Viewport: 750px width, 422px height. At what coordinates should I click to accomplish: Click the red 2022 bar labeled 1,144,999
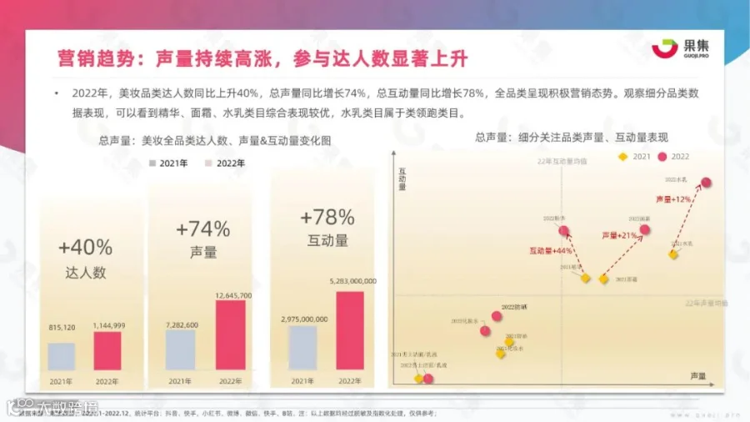click(107, 351)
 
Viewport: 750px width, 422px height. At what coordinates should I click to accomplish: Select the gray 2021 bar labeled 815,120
click(61, 356)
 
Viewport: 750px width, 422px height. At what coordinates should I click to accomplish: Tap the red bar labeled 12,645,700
click(230, 335)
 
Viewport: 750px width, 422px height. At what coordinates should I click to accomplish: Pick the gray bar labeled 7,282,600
click(180, 350)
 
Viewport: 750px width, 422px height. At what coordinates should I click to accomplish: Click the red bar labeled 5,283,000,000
click(350, 330)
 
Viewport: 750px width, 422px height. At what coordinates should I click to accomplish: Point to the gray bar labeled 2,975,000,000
click(302, 348)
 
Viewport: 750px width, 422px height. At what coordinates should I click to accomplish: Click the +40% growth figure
click(85, 247)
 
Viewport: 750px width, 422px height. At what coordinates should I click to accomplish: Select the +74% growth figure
click(202, 229)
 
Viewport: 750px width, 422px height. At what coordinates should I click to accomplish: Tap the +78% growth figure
click(327, 218)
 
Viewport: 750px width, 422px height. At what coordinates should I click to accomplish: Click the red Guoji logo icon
click(663, 49)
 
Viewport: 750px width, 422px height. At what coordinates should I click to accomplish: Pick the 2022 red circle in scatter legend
click(663, 156)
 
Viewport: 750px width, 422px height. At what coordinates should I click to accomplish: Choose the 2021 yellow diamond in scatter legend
click(622, 156)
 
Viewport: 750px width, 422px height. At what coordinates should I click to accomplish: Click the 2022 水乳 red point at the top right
click(706, 183)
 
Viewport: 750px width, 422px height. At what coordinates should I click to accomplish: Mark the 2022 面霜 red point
click(644, 229)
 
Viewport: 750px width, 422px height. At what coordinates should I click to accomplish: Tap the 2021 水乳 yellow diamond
click(673, 254)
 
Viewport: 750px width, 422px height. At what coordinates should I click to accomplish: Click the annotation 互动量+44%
click(550, 250)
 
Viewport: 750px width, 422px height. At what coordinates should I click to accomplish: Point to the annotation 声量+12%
click(673, 199)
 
